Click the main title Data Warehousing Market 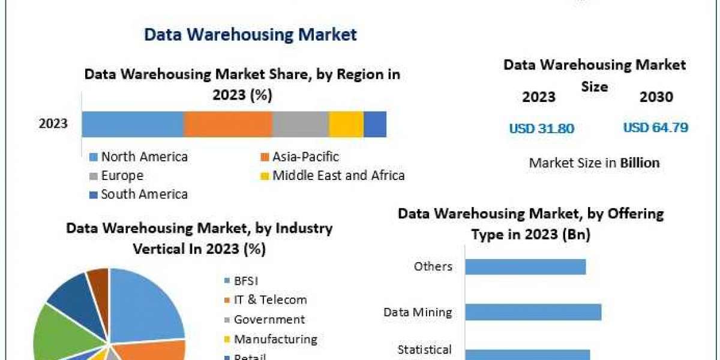coord(250,34)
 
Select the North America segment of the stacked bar coord(133,124)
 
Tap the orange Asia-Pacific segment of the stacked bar coord(228,124)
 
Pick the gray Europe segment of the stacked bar coord(301,124)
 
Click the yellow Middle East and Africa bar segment coord(346,124)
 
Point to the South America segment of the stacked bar coord(375,124)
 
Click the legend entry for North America coord(144,157)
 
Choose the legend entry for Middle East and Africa coord(338,176)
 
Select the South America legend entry coord(144,194)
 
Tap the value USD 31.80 coord(542,128)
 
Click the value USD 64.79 coord(655,128)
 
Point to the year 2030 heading coord(656,97)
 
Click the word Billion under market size coord(640,163)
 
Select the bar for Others coord(525,266)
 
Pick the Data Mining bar coord(533,312)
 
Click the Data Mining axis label coord(418,312)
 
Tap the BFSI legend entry coord(246,280)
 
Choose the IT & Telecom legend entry coord(270,300)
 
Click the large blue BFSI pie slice coord(147,303)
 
